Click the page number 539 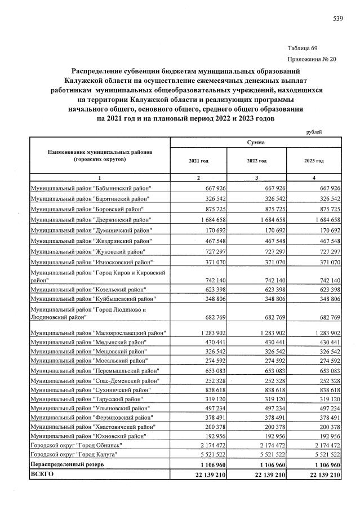[x=337, y=19]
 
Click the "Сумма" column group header [x=256, y=143]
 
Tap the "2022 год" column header [x=256, y=161]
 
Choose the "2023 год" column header [x=314, y=161]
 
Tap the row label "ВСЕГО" [x=43, y=475]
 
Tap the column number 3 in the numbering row [x=256, y=178]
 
